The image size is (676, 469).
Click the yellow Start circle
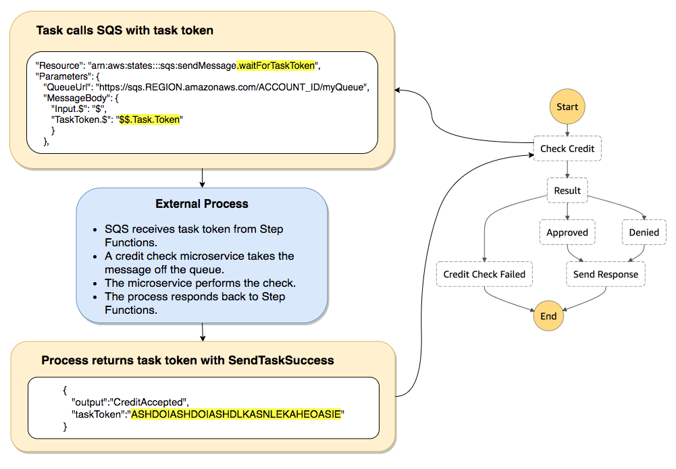coord(567,107)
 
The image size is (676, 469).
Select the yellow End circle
coord(548,316)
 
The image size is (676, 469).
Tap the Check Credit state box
coord(567,149)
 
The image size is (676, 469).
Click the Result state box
coord(567,190)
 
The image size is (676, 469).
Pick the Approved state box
coord(567,232)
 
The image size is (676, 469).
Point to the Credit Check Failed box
coord(484,275)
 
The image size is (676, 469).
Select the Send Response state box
coord(605,275)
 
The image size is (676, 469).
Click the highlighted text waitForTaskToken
coord(276,65)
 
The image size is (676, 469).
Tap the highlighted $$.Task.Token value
coord(151,119)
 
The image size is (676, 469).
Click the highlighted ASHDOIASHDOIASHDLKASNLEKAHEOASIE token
coord(236,414)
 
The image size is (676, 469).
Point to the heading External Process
coord(202,204)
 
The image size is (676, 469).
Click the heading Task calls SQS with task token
coord(125,30)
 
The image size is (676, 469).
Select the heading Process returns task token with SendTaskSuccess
coord(188,360)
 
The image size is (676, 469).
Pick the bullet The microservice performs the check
coord(200,283)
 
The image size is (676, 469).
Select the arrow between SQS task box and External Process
coord(202,177)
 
